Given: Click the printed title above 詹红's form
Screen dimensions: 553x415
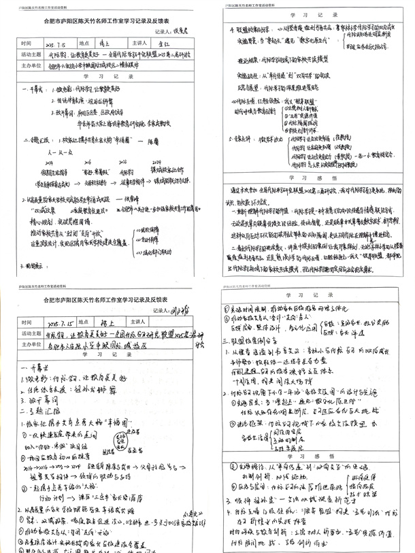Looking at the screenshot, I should click(x=102, y=21).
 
